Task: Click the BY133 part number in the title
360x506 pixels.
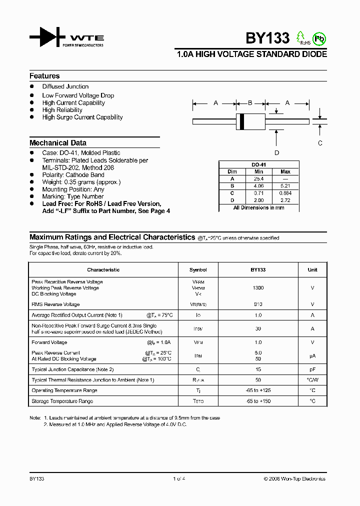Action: (x=267, y=38)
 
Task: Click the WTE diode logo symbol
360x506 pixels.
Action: (x=47, y=37)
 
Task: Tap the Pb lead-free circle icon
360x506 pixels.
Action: (x=318, y=38)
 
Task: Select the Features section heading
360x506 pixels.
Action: (x=44, y=76)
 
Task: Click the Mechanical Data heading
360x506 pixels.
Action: (x=58, y=142)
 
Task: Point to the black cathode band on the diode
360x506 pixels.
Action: (x=242, y=121)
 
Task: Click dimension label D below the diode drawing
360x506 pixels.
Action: (x=276, y=153)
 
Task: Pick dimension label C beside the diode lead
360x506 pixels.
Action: (x=320, y=143)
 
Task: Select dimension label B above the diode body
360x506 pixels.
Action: (x=250, y=103)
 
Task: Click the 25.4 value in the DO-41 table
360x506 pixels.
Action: (x=259, y=178)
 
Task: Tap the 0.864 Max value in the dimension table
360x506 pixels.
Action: (x=285, y=192)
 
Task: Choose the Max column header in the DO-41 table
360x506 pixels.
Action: (x=285, y=171)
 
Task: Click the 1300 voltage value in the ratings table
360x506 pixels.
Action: (x=258, y=288)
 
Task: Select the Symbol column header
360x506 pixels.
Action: (x=198, y=270)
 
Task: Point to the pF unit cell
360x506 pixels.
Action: (x=312, y=369)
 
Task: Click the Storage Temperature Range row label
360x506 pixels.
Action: (x=62, y=401)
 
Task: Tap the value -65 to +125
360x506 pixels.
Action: (x=258, y=390)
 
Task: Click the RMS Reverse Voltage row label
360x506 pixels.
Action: (x=55, y=304)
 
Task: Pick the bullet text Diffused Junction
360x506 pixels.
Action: (x=65, y=86)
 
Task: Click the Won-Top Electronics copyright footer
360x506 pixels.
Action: (x=294, y=479)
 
